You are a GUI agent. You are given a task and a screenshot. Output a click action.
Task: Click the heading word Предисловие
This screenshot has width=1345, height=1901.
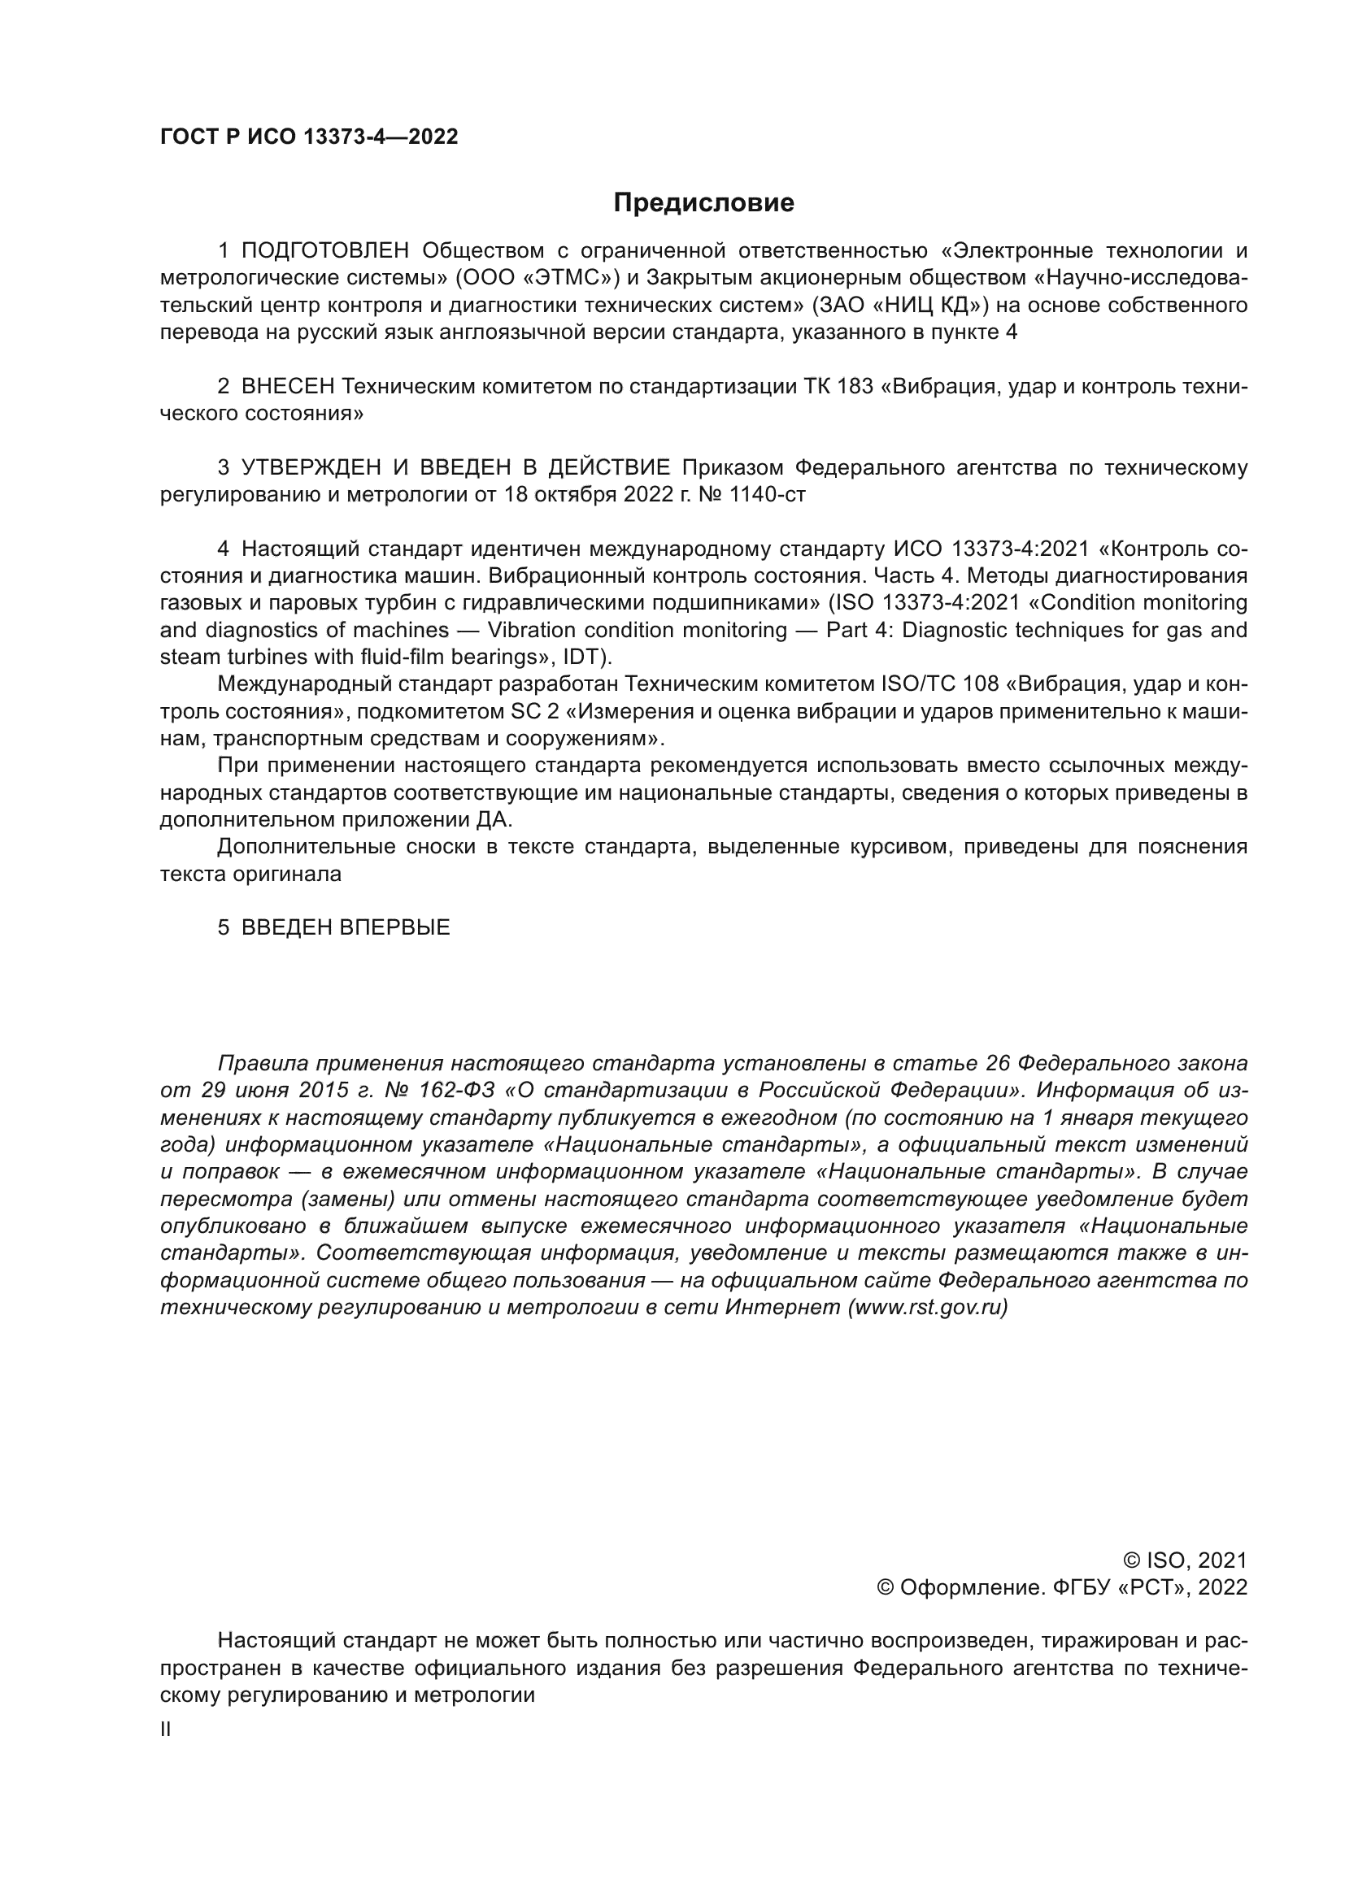tap(703, 203)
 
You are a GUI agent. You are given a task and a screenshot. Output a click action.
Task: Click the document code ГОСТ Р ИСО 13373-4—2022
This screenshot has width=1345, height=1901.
tap(309, 137)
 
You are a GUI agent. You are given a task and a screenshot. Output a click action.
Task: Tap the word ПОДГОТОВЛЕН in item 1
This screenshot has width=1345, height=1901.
tap(325, 251)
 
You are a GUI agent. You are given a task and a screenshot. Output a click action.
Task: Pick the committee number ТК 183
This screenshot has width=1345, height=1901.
tap(838, 387)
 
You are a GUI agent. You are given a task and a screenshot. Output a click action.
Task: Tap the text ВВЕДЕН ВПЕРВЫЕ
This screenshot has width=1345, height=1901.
tap(346, 927)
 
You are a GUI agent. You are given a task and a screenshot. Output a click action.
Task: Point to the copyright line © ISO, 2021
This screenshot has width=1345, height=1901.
tap(1185, 1560)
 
